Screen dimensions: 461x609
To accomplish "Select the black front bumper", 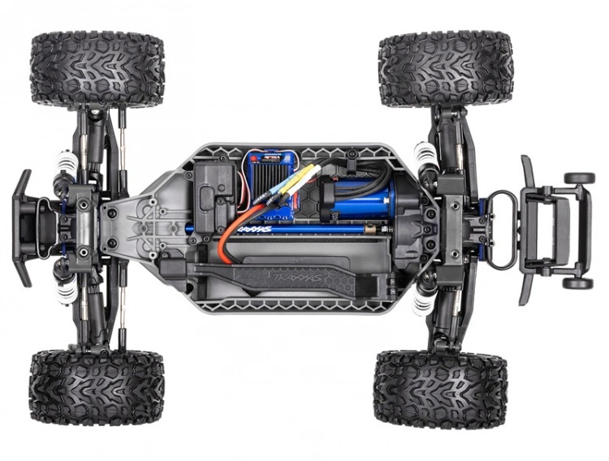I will click(23, 227).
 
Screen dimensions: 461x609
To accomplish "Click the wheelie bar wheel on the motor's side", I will click(579, 178).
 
